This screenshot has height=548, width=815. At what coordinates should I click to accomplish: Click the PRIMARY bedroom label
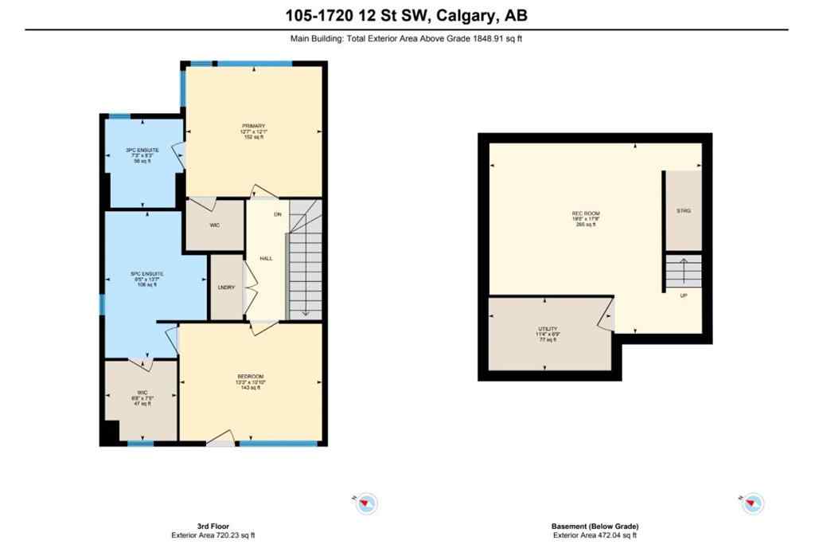[254, 125]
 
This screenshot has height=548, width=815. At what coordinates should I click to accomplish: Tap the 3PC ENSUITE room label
[142, 150]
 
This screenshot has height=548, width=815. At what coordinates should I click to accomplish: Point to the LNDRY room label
[226, 288]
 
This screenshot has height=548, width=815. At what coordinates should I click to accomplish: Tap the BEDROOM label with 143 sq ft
[250, 376]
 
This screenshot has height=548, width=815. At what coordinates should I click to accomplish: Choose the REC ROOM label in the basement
[586, 213]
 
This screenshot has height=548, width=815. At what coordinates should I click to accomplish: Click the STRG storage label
[684, 210]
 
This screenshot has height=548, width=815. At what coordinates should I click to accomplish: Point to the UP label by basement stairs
[684, 296]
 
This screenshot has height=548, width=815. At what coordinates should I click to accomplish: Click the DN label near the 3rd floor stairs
[278, 215]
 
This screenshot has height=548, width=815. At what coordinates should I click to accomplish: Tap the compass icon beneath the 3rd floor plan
[366, 503]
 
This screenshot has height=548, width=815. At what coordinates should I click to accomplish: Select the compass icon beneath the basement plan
[753, 503]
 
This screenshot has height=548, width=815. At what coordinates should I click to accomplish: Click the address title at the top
[407, 14]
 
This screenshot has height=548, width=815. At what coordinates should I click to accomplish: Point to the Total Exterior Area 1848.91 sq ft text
[407, 37]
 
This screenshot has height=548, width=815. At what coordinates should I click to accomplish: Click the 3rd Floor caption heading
[218, 526]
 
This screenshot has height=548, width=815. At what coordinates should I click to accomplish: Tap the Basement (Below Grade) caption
[595, 526]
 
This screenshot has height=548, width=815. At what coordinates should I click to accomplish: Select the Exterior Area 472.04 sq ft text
[595, 536]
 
